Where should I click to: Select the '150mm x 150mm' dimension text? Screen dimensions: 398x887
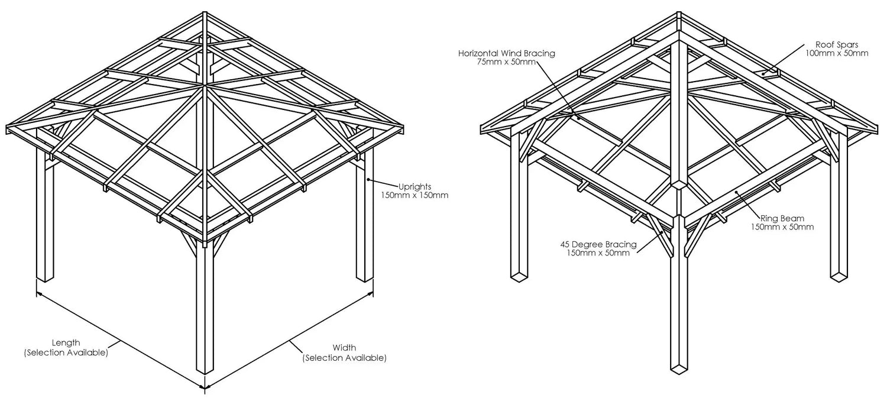[413, 195]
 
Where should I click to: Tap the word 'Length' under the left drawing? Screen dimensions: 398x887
[66, 342]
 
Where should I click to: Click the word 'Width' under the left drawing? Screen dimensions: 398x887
[344, 348]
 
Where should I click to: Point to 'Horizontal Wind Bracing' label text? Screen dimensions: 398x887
[507, 53]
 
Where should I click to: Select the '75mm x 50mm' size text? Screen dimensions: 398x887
[507, 62]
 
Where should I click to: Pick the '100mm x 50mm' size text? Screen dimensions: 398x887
[837, 53]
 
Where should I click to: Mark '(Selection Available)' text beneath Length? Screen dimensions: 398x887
[66, 352]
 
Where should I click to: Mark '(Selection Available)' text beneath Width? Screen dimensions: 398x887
[344, 358]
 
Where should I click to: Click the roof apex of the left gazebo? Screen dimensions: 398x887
[205, 12]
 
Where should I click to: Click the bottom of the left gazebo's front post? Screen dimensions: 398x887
[205, 371]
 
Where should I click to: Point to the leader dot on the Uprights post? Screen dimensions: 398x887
[368, 179]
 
